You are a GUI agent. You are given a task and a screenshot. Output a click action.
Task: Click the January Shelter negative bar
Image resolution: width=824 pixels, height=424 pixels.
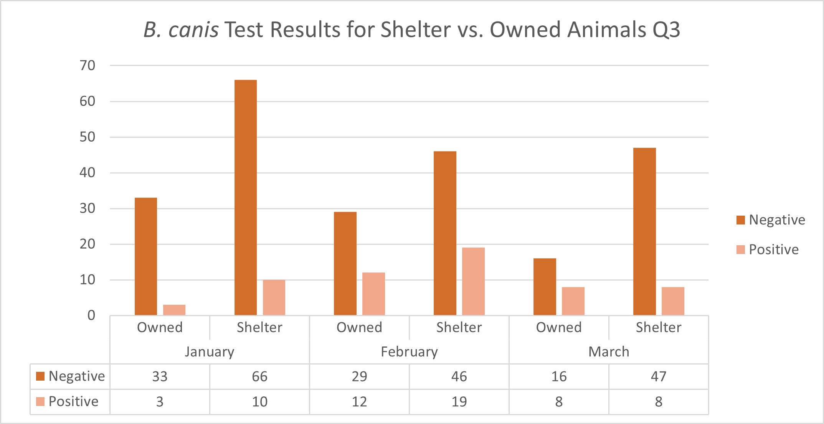(x=246, y=198)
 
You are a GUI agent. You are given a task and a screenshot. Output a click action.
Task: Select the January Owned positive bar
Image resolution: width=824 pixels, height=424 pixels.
(x=174, y=310)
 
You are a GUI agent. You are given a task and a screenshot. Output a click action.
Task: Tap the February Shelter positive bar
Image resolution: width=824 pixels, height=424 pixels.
(x=473, y=281)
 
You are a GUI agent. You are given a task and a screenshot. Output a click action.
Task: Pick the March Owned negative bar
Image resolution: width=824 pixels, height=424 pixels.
(x=545, y=287)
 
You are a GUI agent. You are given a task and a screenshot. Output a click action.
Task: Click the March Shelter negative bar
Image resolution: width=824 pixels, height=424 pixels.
(x=644, y=231)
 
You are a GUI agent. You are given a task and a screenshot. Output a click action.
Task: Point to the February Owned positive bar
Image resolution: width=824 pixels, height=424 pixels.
(x=373, y=294)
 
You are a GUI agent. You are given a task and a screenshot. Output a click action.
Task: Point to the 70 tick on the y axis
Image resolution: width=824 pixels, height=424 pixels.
(x=88, y=66)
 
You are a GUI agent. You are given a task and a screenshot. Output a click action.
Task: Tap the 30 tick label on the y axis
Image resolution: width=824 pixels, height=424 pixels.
(x=88, y=208)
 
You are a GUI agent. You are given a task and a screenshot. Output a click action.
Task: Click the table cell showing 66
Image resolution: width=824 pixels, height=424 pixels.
(x=259, y=376)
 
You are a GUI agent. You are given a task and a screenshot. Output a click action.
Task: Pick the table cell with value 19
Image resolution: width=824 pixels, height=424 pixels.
(x=459, y=402)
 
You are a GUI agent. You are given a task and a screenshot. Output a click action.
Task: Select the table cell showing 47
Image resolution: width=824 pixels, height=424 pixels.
(x=659, y=376)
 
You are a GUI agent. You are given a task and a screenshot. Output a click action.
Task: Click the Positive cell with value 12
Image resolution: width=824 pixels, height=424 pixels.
(x=359, y=402)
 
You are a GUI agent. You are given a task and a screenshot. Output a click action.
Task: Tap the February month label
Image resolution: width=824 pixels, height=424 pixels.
(x=409, y=351)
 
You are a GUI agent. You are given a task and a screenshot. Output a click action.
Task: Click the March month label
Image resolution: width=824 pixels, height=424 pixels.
(x=609, y=351)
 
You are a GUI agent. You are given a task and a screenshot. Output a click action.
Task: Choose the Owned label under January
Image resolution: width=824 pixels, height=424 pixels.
(x=160, y=327)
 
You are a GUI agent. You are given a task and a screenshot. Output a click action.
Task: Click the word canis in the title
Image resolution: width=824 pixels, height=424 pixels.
(x=193, y=30)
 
